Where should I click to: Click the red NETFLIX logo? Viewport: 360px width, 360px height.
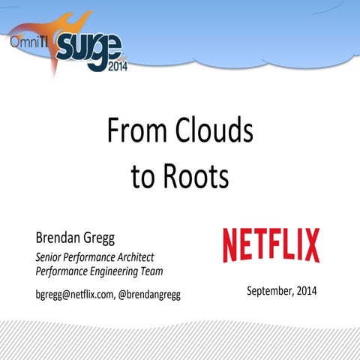pos(271,245)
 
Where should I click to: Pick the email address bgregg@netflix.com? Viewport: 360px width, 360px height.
pos(74,293)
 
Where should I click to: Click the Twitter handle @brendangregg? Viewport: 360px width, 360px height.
pos(149,293)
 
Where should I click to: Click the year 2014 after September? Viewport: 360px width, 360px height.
pos(305,290)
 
